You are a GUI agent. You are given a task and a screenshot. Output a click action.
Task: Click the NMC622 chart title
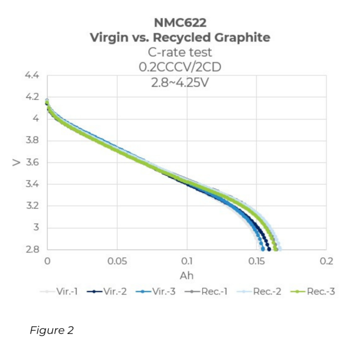[x=180, y=22]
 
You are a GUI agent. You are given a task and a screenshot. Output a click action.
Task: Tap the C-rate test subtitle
[x=180, y=52]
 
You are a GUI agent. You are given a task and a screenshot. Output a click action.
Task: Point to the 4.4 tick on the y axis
[x=32, y=75]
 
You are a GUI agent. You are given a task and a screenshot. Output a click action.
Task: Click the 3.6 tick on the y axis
[x=32, y=163]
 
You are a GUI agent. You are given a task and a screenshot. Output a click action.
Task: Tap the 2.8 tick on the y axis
[x=32, y=249]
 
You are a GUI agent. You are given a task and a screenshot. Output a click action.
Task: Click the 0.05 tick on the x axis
[x=117, y=261]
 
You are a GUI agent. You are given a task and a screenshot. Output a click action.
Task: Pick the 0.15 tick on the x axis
[x=256, y=261]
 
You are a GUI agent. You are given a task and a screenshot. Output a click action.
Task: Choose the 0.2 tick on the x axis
[x=326, y=261]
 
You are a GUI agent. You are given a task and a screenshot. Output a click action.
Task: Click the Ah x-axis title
[x=186, y=275]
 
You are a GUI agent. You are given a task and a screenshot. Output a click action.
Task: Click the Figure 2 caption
[x=52, y=330]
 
